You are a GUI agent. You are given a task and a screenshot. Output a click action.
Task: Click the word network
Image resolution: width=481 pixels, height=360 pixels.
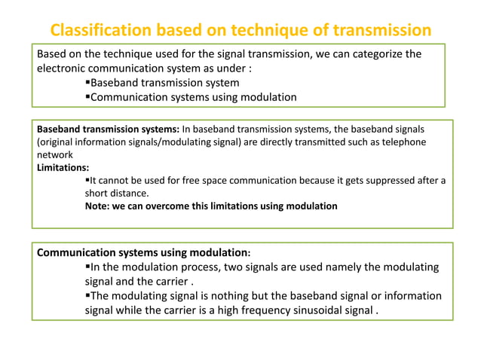56,154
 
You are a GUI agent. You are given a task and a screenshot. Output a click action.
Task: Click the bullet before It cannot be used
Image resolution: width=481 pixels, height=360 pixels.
87,180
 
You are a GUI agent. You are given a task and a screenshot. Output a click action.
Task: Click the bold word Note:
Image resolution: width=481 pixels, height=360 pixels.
97,206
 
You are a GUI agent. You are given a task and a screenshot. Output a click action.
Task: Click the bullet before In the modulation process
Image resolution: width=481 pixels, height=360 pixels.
87,267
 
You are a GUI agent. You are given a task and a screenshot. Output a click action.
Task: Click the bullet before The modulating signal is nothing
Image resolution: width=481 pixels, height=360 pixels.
87,295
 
